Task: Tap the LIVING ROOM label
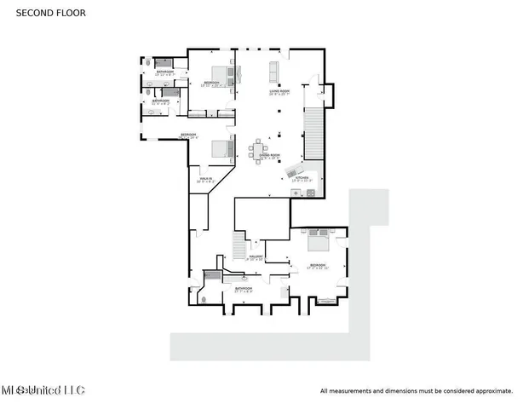point(274,92)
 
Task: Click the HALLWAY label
point(255,256)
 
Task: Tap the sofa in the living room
point(275,69)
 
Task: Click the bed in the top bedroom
point(219,73)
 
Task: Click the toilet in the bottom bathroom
point(202,298)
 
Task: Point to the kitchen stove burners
point(310,193)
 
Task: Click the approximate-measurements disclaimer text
point(416,391)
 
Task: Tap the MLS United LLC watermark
point(43,390)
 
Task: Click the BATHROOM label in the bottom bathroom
point(244,290)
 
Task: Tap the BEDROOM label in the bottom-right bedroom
point(318,266)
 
